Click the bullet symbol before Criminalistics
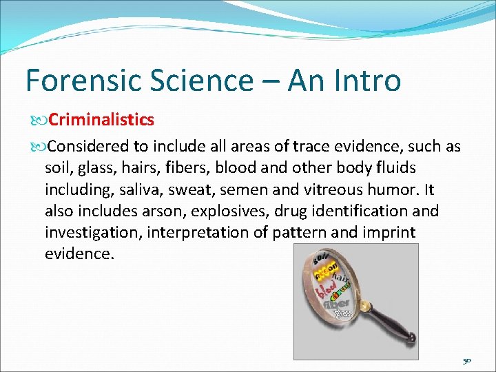coord(37,121)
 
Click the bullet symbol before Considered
coord(37,147)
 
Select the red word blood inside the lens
coord(326,289)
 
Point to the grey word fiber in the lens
coord(337,302)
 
